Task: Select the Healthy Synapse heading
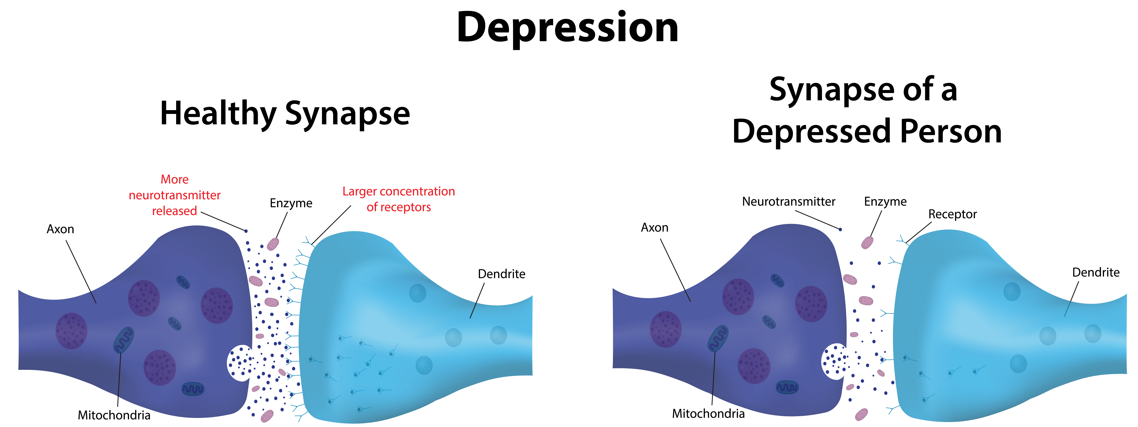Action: tap(285, 114)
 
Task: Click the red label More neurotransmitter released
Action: tap(174, 195)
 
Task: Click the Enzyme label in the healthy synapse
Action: tap(291, 203)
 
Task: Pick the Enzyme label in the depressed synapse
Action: tap(885, 202)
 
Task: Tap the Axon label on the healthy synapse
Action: tap(61, 229)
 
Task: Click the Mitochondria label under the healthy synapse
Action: tap(114, 415)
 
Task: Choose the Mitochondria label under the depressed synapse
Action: tap(708, 414)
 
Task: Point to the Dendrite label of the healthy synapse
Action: tap(501, 274)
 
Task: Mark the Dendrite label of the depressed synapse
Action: tap(1096, 272)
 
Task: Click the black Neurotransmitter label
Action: tap(789, 202)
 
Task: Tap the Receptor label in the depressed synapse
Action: tap(952, 214)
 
